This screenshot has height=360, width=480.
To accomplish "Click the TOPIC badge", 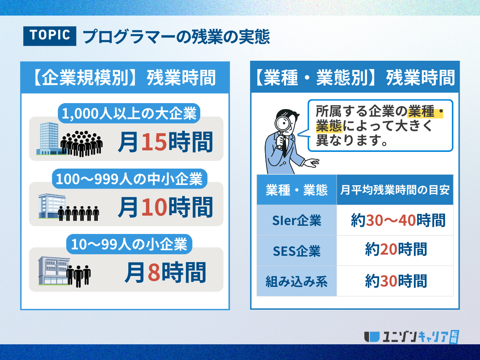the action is (x=49, y=36).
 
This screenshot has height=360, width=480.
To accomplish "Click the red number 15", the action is (x=154, y=142).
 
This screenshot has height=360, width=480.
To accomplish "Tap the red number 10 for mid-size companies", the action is (x=154, y=207).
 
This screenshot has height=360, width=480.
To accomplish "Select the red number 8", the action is (x=154, y=272).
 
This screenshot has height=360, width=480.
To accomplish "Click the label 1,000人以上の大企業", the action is (x=129, y=113).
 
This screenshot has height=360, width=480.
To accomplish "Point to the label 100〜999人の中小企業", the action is (x=129, y=178).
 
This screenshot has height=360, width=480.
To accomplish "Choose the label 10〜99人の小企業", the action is (x=129, y=244).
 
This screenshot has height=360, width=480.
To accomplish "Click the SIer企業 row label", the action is (x=297, y=220).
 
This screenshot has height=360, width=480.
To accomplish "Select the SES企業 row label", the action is (x=297, y=251).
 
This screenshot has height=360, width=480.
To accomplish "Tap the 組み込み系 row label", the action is (x=297, y=281).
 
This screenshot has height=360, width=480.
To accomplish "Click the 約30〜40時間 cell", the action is (x=395, y=220).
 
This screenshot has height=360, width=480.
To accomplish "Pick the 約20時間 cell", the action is (x=395, y=251).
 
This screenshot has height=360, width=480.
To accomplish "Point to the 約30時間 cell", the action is (x=395, y=281).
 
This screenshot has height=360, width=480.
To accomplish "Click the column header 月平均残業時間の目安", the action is (x=395, y=190).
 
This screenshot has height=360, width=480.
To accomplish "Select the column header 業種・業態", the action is (x=297, y=190).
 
